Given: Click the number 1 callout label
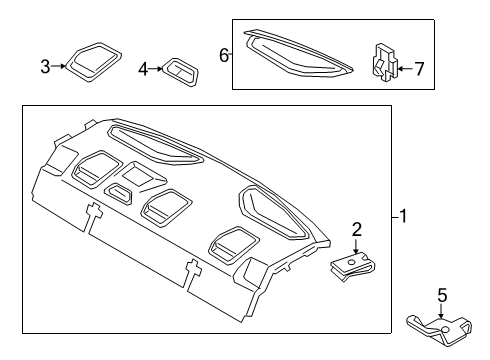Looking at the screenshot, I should click(x=402, y=215).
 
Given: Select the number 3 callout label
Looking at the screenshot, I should click(x=45, y=67).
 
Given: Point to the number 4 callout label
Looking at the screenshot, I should click(x=143, y=69).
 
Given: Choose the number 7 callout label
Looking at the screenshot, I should click(x=419, y=69).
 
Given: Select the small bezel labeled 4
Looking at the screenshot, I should click(x=180, y=69).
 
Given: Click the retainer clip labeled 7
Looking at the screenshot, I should click(x=384, y=64).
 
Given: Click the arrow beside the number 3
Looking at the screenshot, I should click(x=60, y=67).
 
